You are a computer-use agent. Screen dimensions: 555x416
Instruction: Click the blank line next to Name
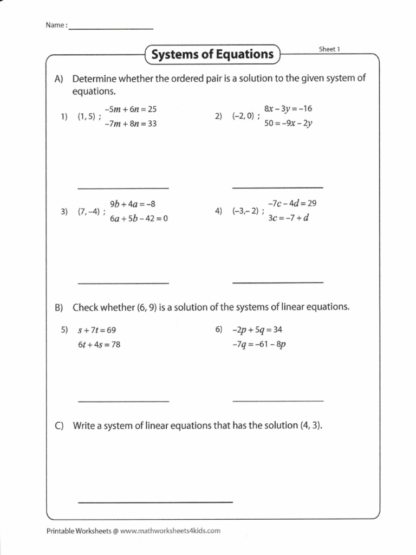[x=111, y=28]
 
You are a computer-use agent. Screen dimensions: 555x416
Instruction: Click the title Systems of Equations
[x=212, y=54]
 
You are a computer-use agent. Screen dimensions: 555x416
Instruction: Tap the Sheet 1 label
[x=329, y=49]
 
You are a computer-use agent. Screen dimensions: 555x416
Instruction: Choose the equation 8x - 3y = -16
[x=288, y=109]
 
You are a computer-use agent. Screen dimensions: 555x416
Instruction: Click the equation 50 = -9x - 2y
[x=288, y=123]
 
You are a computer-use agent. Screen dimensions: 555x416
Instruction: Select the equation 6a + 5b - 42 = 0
[x=139, y=219]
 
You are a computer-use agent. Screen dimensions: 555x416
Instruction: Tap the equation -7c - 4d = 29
[x=291, y=203]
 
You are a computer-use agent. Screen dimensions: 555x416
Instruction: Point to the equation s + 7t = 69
[x=97, y=330]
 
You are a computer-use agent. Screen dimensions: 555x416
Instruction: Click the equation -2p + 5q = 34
[x=257, y=329]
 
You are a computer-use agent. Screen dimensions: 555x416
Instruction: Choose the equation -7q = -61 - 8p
[x=258, y=344]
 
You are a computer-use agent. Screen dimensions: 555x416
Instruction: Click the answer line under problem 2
[x=278, y=188]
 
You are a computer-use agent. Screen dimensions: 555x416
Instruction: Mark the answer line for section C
[x=155, y=502]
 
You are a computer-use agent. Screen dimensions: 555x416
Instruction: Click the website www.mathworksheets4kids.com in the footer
[x=170, y=531]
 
